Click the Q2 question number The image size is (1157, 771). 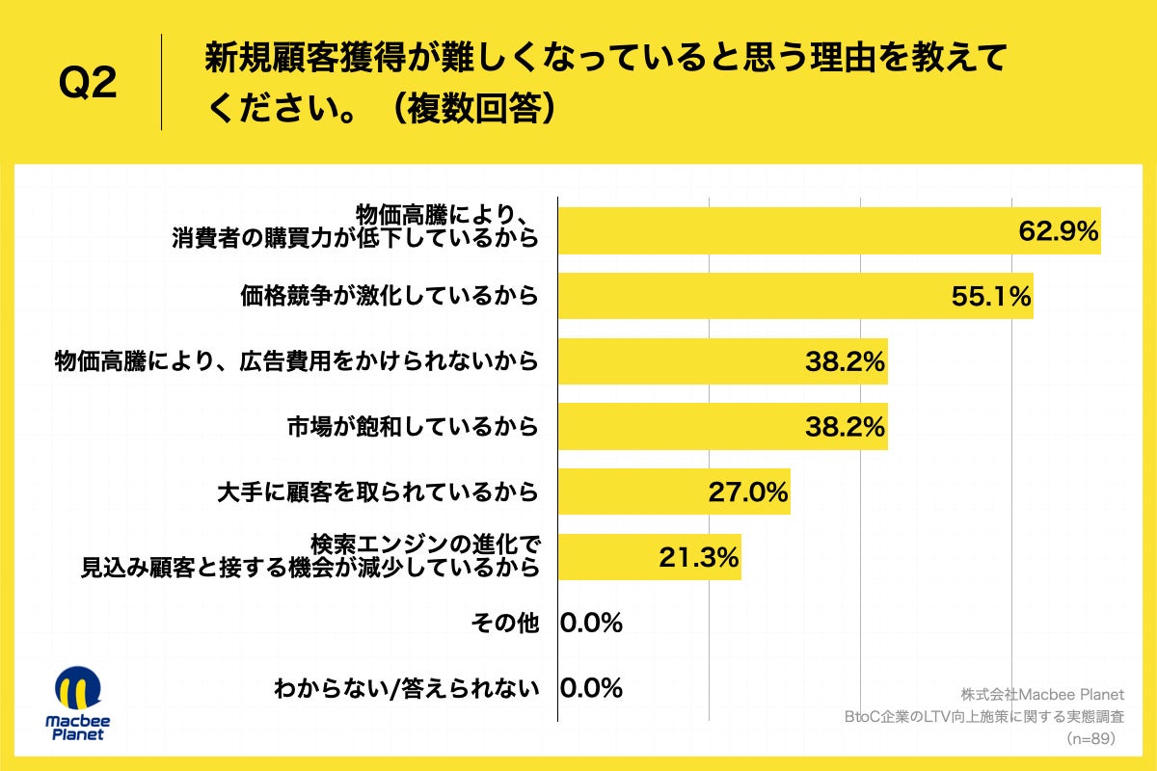pyautogui.click(x=89, y=84)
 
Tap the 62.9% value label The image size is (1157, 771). pyautogui.click(x=1059, y=231)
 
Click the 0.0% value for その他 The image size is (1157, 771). pyautogui.click(x=591, y=623)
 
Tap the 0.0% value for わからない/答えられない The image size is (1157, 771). pyautogui.click(x=591, y=688)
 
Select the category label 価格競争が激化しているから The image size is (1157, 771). pyautogui.click(x=389, y=296)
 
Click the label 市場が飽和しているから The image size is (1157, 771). pyautogui.click(x=412, y=426)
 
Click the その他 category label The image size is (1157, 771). pyautogui.click(x=504, y=623)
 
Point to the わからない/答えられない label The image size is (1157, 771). pyautogui.click(x=405, y=688)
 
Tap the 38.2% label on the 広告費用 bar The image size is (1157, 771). pyautogui.click(x=845, y=361)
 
